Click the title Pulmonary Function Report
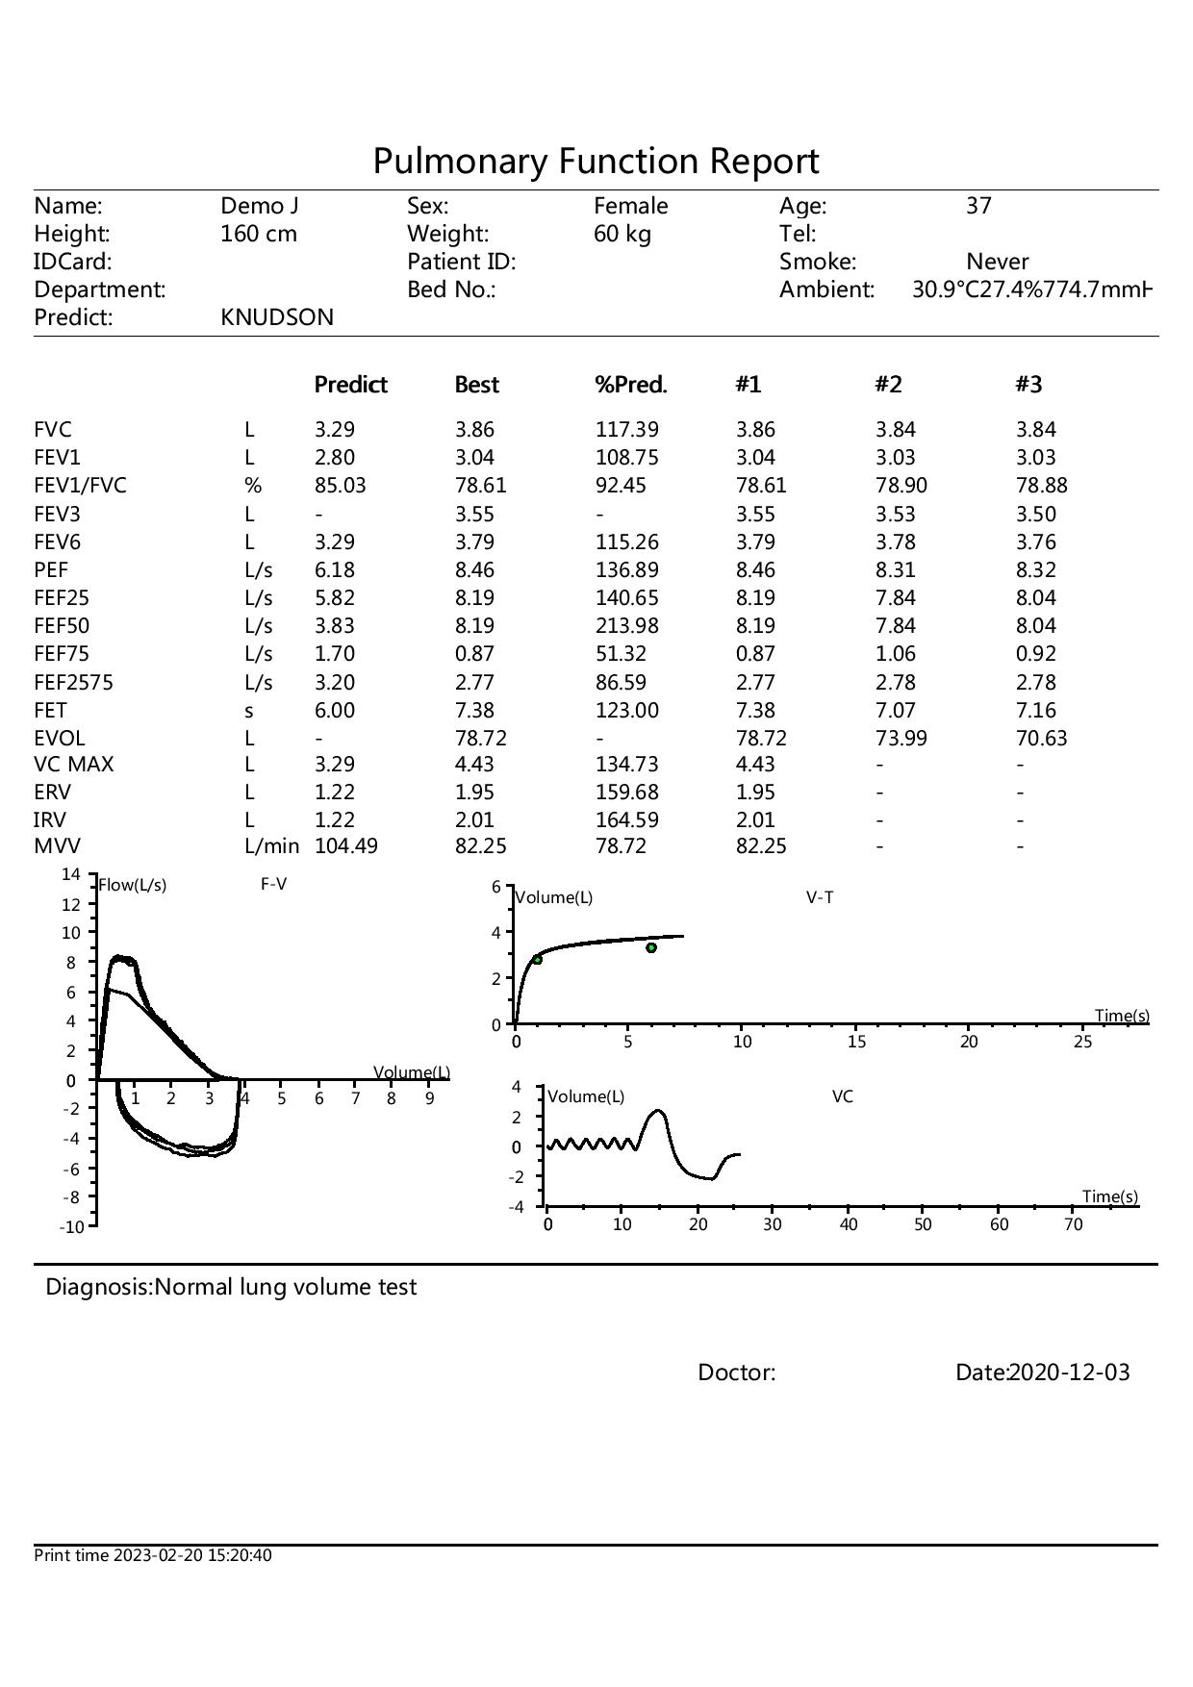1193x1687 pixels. [596, 161]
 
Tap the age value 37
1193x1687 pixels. [978, 206]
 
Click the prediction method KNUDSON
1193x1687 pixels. [277, 317]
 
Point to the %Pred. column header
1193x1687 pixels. [631, 385]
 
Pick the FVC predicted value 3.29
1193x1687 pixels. [335, 430]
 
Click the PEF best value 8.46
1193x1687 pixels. [474, 570]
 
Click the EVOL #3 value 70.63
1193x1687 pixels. [1042, 739]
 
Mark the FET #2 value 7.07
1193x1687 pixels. [895, 711]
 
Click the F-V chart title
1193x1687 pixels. [273, 885]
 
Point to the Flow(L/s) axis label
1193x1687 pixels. [133, 886]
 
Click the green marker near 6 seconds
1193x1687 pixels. [651, 948]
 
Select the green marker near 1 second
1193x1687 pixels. [537, 960]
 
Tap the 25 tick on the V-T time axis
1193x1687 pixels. [1082, 1042]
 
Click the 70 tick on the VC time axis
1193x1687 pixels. [1073, 1224]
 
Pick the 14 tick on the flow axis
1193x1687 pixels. [71, 875]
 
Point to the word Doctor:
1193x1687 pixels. [736, 1372]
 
